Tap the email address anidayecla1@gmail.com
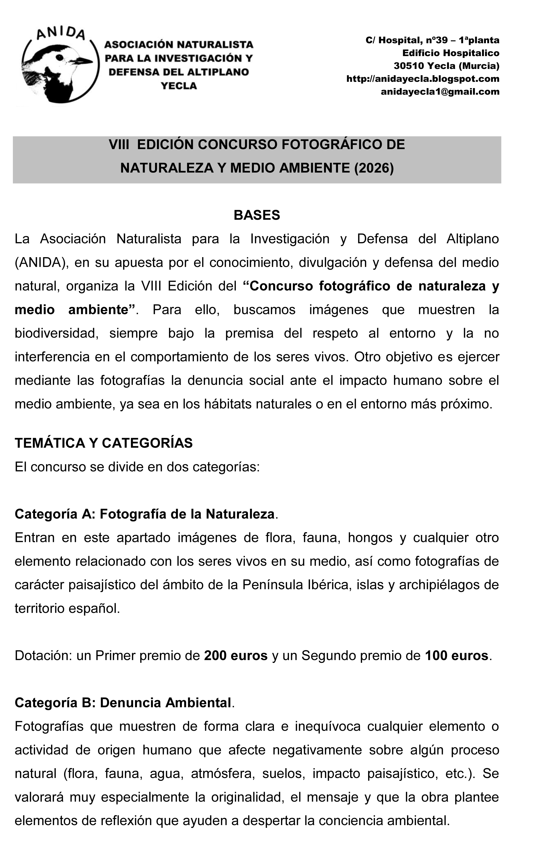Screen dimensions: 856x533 [440, 92]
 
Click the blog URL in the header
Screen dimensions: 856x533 [423, 79]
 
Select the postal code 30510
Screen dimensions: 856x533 [409, 66]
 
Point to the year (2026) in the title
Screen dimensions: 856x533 [374, 168]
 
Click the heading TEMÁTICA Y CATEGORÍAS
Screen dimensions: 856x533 [104, 443]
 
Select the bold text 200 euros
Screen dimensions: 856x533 [236, 656]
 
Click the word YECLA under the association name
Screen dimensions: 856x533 [179, 86]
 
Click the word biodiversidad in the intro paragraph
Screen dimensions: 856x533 [56, 333]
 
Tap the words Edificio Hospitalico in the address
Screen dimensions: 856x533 [451, 53]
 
